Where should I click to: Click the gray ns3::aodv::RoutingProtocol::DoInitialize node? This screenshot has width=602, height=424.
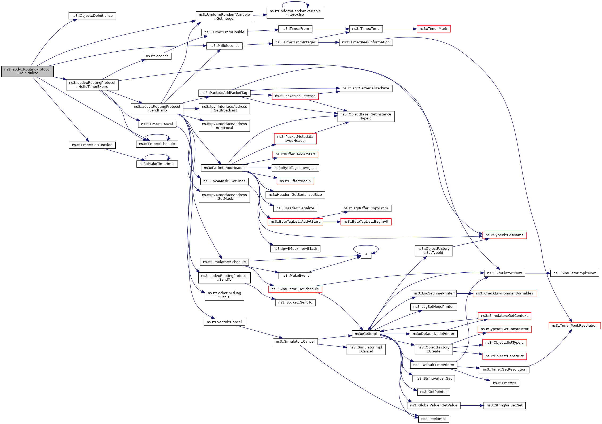coord(27,71)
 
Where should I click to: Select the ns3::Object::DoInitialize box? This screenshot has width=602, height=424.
coord(92,16)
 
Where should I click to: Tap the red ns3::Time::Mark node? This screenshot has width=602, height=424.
coord(433,29)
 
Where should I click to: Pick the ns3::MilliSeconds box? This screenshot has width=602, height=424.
coord(224,46)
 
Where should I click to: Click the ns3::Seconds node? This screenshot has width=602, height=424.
coord(157,56)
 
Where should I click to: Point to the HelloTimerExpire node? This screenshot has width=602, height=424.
coord(92,85)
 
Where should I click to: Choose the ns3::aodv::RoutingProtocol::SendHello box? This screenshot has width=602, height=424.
coord(157,109)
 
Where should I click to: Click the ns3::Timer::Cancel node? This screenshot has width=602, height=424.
coord(157,124)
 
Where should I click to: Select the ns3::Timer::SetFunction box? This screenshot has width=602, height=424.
coord(92,145)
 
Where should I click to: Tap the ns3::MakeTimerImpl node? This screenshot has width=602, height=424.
coord(157,164)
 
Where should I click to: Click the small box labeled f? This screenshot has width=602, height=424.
coord(366,255)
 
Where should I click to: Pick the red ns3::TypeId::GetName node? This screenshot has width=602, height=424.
coord(504,235)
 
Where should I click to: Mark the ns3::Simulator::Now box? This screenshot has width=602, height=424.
coord(504,273)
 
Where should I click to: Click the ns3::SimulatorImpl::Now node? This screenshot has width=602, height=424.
coord(575,273)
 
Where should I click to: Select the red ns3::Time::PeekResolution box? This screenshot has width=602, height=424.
coord(575,326)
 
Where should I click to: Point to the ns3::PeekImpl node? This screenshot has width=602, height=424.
coord(433,419)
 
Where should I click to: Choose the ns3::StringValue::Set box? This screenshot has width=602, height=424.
coord(504,406)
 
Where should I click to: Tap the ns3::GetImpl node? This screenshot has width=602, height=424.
coord(366,334)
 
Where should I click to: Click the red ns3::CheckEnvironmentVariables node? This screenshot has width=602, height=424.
coord(504,293)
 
